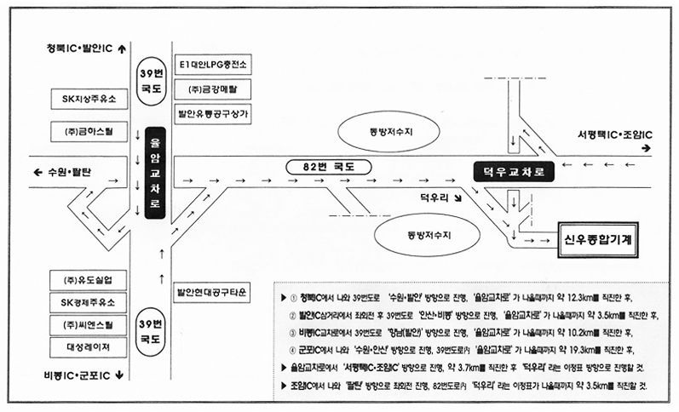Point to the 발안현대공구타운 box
pyautogui.click(x=211, y=292)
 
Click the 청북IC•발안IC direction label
pyautogui.click(x=83, y=48)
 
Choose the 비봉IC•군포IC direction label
pyautogui.click(x=83, y=374)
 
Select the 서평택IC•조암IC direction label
pyautogui.click(x=614, y=135)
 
